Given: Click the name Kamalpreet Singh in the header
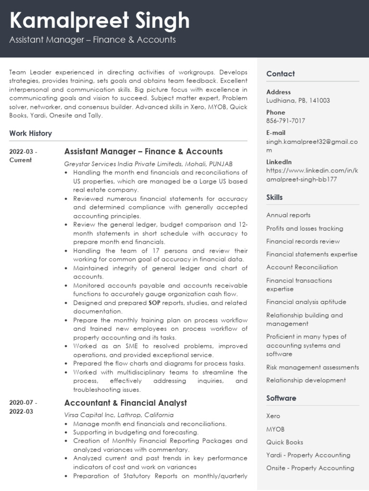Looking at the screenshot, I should pyautogui.click(x=99, y=21).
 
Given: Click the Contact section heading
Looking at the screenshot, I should pyautogui.click(x=281, y=74).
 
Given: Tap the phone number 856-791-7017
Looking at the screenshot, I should pyautogui.click(x=285, y=121).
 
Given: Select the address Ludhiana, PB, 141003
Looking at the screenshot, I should pyautogui.click(x=298, y=101).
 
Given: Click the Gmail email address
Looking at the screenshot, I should pyautogui.click(x=312, y=146).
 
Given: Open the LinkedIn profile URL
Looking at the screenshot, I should pyautogui.click(x=312, y=175).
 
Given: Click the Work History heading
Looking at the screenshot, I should pyautogui.click(x=30, y=133).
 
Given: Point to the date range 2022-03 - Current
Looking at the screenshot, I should pyautogui.click(x=23, y=156).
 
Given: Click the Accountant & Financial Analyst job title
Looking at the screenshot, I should pyautogui.click(x=125, y=403).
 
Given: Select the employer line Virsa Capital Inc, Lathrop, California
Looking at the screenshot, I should pyautogui.click(x=119, y=415).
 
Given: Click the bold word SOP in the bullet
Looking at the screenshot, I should pyautogui.click(x=154, y=303).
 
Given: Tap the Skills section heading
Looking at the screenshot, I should pyautogui.click(x=274, y=198).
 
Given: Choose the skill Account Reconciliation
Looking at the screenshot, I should pyautogui.click(x=302, y=267).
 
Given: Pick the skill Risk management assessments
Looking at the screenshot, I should pyautogui.click(x=312, y=367).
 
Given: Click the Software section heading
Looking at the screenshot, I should pyautogui.click(x=281, y=398).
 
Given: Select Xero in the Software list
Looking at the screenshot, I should pyautogui.click(x=273, y=416).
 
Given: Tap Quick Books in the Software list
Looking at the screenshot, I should pyautogui.click(x=284, y=442).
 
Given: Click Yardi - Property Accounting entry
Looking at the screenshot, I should pyautogui.click(x=308, y=455).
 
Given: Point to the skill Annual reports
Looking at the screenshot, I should pyautogui.click(x=288, y=215).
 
